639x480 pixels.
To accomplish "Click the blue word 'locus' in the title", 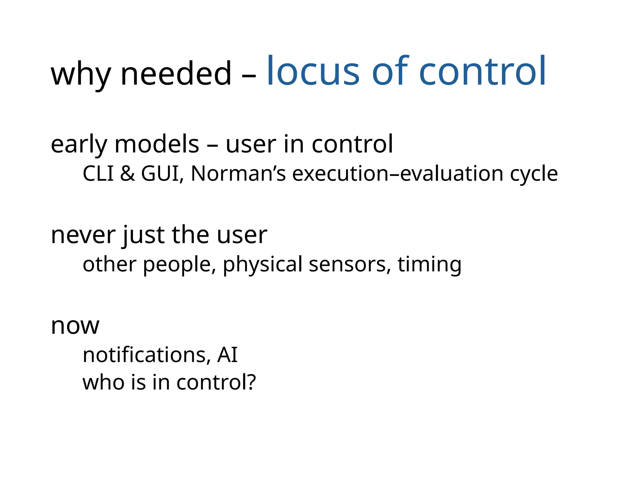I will [313, 71].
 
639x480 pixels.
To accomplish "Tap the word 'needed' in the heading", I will [176, 74].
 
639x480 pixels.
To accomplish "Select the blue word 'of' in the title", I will [390, 71].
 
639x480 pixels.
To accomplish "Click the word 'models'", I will [157, 144].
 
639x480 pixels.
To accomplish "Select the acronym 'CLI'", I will [98, 174].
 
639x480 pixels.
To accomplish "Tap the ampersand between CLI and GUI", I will [127, 174].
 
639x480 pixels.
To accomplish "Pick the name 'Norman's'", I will [238, 174].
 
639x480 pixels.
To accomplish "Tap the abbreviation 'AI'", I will [227, 355].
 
